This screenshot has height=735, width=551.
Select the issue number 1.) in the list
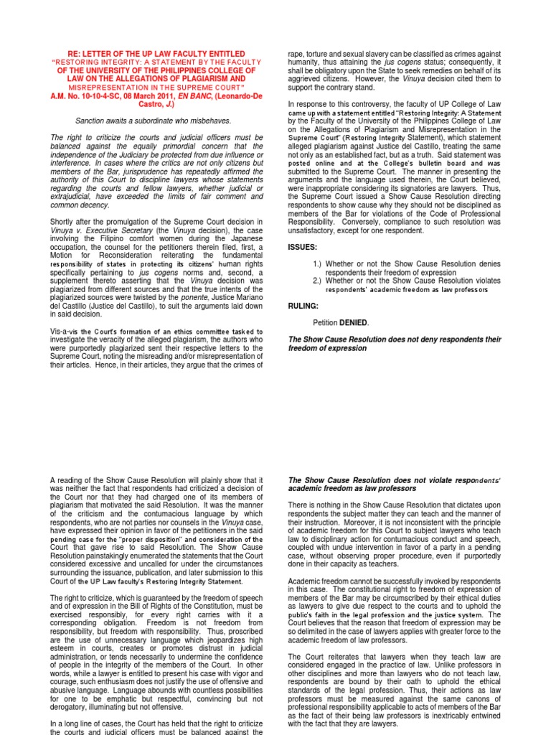(x=318, y=263)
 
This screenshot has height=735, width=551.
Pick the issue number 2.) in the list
(x=318, y=281)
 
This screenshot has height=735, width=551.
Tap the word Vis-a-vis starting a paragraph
(x=65, y=331)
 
